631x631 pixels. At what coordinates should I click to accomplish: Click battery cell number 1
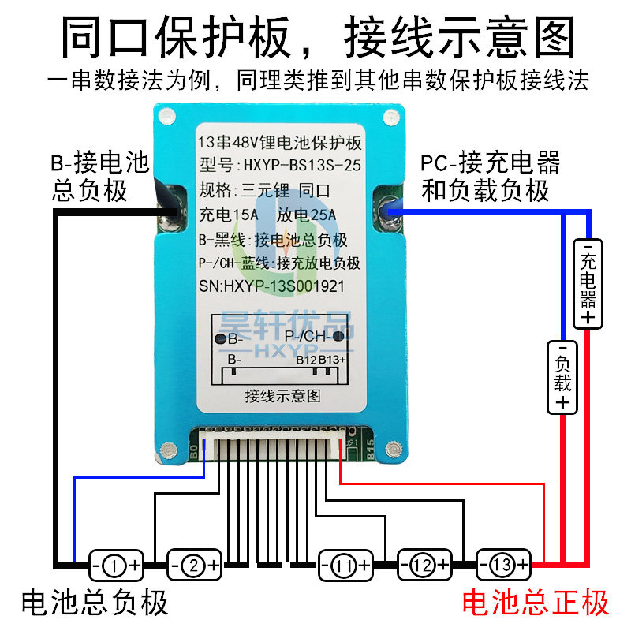[x=115, y=565]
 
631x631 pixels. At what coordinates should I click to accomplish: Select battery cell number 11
[x=344, y=565]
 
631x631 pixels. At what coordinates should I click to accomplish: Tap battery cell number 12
[x=424, y=565]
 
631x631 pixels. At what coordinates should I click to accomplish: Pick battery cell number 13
[x=503, y=565]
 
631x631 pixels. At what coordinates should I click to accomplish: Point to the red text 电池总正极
[x=536, y=603]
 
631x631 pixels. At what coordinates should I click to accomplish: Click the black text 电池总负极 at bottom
[x=95, y=603]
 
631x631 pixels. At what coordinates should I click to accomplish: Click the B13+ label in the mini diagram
[x=332, y=359]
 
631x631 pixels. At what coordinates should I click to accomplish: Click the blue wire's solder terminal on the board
[x=386, y=211]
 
